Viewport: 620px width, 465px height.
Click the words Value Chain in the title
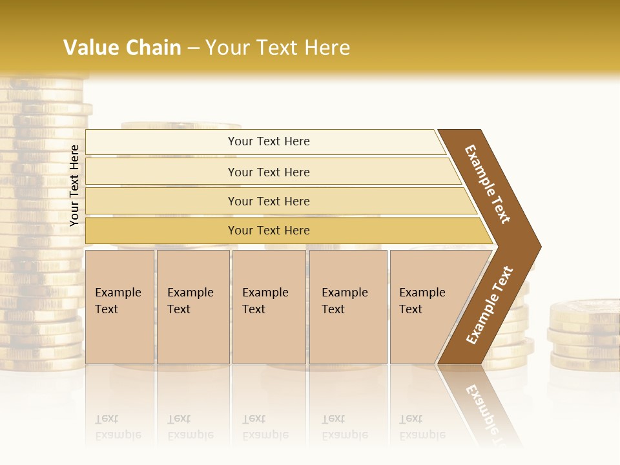point(122,47)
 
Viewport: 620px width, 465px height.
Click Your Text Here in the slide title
point(278,47)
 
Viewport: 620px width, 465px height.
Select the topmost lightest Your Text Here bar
point(268,141)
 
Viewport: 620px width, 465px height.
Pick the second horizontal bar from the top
point(268,172)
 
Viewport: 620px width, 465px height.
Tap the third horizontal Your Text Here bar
point(268,201)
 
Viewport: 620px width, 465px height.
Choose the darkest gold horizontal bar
point(268,231)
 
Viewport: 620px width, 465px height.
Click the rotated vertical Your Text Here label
point(74,185)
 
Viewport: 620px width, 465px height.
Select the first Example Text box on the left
point(119,306)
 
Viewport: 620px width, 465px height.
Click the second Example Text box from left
point(192,306)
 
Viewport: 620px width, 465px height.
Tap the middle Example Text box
point(268,306)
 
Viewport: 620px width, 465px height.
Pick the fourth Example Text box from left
point(347,306)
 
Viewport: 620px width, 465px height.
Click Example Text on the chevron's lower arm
point(490,305)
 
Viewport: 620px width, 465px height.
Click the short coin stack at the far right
point(584,336)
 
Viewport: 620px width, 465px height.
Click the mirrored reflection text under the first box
point(118,427)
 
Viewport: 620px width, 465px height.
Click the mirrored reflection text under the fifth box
point(422,427)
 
